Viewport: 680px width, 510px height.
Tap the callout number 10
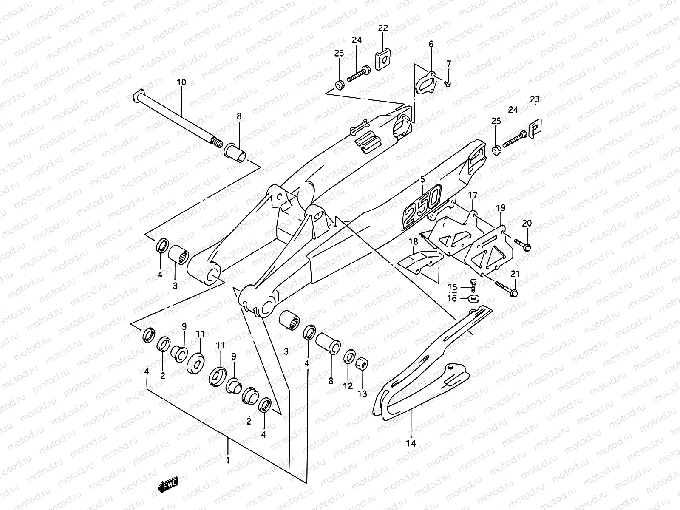pyautogui.click(x=181, y=82)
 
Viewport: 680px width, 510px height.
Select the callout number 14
pyautogui.click(x=411, y=443)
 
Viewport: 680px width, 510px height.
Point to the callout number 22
pyautogui.click(x=383, y=28)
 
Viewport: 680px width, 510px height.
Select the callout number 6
pyautogui.click(x=431, y=44)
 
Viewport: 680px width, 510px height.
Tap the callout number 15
pyautogui.click(x=452, y=287)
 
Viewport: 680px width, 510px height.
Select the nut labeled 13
pyautogui.click(x=362, y=364)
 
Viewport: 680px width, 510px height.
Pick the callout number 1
pyautogui.click(x=228, y=460)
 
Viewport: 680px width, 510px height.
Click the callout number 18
pyautogui.click(x=413, y=242)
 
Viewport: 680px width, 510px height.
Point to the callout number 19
pyautogui.click(x=501, y=208)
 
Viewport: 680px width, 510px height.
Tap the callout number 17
pyautogui.click(x=473, y=195)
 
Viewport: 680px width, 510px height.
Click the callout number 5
pyautogui.click(x=422, y=179)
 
